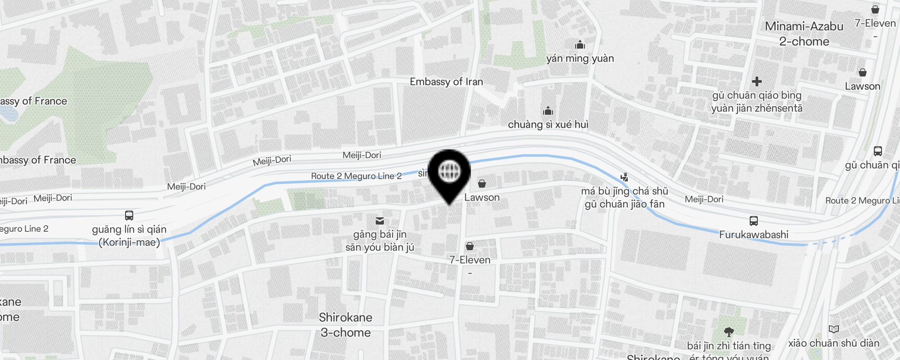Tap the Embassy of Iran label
click(x=446, y=82)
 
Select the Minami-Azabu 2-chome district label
click(x=804, y=34)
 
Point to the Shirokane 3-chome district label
click(x=346, y=325)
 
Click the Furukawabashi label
click(x=753, y=234)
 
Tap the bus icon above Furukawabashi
click(x=753, y=221)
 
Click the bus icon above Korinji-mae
click(x=129, y=216)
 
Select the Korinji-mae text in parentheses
click(x=130, y=243)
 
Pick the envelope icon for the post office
click(x=380, y=220)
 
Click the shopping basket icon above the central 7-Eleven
click(x=470, y=246)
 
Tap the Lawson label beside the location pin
click(x=482, y=198)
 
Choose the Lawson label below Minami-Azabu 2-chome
click(x=862, y=86)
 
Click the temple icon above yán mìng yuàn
click(x=580, y=45)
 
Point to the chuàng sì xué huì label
click(x=548, y=125)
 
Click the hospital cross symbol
click(x=757, y=81)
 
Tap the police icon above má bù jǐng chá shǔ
click(x=624, y=177)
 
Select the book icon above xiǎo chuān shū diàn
click(x=834, y=329)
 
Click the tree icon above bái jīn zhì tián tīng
click(x=729, y=332)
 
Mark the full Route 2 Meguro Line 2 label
click(x=356, y=176)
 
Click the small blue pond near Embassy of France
click(x=9, y=114)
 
